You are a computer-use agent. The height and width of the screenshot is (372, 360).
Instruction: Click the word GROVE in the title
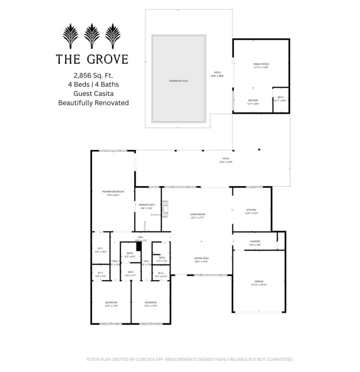pyautogui.click(x=108, y=59)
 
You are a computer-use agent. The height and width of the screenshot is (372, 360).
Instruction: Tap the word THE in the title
pyautogui.click(x=68, y=59)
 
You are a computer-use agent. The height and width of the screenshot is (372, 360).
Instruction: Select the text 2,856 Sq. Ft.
pyautogui.click(x=94, y=75)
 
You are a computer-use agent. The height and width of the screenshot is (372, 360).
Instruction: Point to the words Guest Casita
pyautogui.click(x=94, y=93)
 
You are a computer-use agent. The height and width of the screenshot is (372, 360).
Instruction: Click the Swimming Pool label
pyautogui.click(x=179, y=81)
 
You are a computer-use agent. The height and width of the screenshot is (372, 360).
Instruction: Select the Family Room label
pyautogui.click(x=261, y=64)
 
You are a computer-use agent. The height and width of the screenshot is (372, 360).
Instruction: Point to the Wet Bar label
pyautogui.click(x=253, y=100)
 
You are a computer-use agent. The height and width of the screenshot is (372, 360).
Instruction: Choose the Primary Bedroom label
pyautogui.click(x=112, y=191)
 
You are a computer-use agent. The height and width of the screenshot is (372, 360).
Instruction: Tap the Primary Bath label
pyautogui.click(x=147, y=205)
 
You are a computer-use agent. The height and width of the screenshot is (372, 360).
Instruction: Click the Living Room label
pyautogui.click(x=198, y=214)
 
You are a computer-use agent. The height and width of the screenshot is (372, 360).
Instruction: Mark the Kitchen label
pyautogui.click(x=251, y=210)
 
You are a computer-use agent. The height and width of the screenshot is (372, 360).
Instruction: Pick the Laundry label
pyautogui.click(x=255, y=241)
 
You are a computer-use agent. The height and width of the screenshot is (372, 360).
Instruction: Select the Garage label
pyautogui.click(x=259, y=281)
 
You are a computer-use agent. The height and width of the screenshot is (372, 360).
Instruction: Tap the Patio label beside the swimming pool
pyautogui.click(x=217, y=73)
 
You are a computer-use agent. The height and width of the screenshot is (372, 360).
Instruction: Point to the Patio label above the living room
pyautogui.click(x=226, y=159)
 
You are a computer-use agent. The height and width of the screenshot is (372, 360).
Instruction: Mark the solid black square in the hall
pyautogui.click(x=139, y=245)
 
